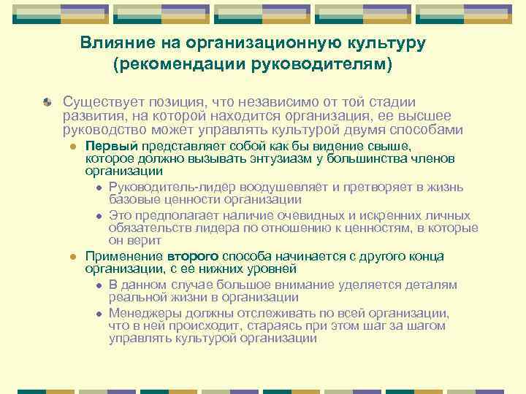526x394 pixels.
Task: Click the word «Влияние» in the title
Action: click(x=110, y=44)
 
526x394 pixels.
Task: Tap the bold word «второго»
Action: click(x=193, y=256)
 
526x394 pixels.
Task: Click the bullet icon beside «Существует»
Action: click(x=46, y=103)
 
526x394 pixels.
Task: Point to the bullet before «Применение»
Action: click(x=73, y=257)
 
